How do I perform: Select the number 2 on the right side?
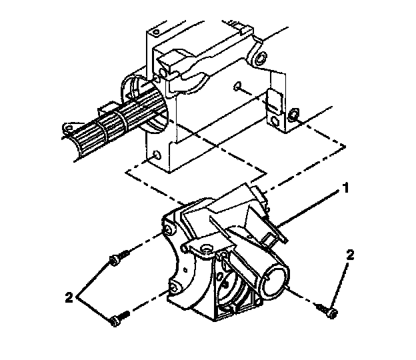pos(349,255)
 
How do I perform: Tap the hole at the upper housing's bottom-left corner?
pos(155,155)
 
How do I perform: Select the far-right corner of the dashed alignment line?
pos(345,145)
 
